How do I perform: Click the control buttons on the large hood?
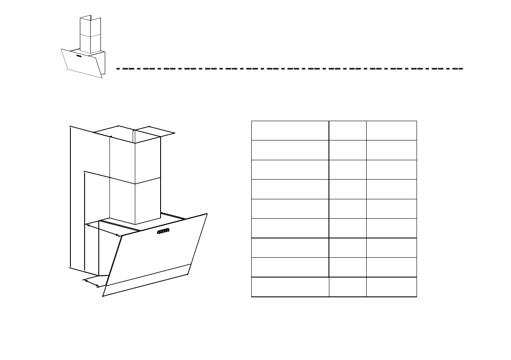point(163,232)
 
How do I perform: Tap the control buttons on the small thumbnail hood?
point(79,56)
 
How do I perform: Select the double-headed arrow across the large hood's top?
point(103,230)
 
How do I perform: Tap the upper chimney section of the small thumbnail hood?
point(90,27)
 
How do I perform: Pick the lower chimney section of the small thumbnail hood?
point(90,44)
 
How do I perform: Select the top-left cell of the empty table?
point(290,131)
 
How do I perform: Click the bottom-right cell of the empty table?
point(391,287)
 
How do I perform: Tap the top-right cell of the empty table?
point(391,131)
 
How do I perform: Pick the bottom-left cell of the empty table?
point(290,287)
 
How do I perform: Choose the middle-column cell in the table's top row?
point(347,131)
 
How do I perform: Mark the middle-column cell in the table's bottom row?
point(347,287)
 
